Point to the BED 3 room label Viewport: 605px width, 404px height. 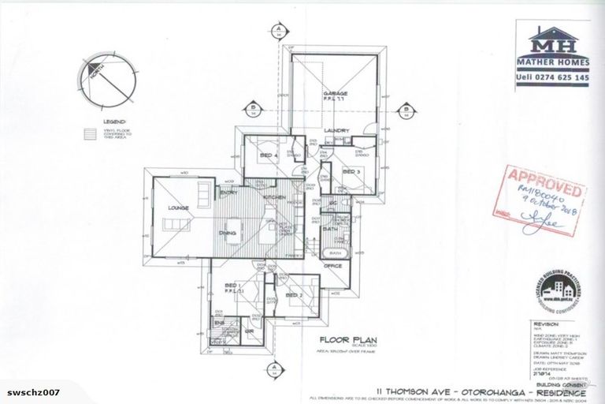click(351, 170)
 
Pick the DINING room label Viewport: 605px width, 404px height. click(228, 234)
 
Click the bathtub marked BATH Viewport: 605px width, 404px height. click(334, 252)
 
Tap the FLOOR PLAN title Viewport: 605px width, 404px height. click(340, 340)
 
